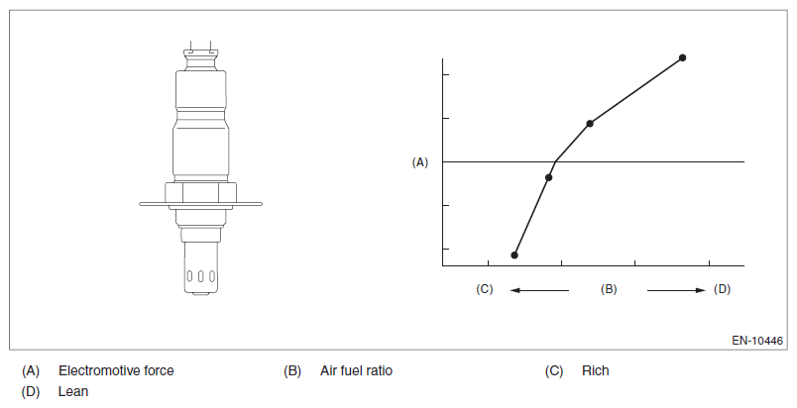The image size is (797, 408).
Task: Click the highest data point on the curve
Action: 683,57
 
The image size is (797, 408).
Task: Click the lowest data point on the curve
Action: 514,255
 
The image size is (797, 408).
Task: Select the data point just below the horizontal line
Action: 548,177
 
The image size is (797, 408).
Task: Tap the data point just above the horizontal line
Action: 590,124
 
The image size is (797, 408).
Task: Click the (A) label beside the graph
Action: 420,162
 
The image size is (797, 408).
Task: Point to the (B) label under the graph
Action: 609,289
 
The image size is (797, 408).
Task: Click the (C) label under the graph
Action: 485,289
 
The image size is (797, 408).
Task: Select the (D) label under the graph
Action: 722,289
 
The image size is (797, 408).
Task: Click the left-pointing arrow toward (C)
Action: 540,290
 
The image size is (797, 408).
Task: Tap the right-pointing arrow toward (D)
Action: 676,290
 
